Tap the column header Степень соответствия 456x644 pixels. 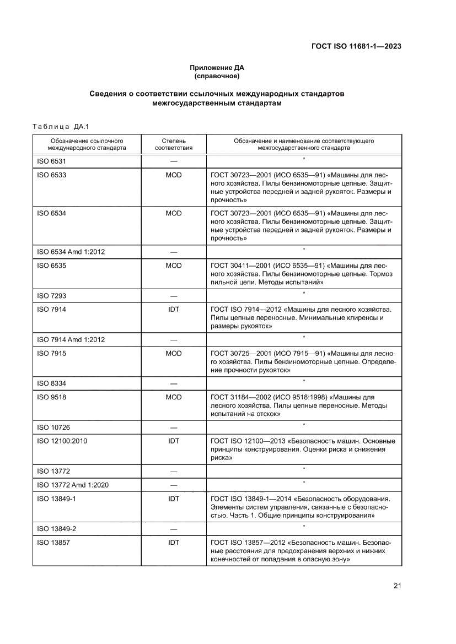click(x=173, y=144)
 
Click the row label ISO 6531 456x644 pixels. click(x=52, y=161)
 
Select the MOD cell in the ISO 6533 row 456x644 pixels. click(x=173, y=175)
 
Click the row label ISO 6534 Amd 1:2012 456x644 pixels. click(x=71, y=252)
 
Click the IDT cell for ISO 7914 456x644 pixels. click(x=173, y=310)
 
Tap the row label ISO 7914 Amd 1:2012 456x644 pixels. click(x=71, y=339)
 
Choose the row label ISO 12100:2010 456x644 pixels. click(x=61, y=441)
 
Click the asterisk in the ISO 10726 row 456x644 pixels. click(x=304, y=424)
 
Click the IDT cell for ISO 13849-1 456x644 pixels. click(x=173, y=499)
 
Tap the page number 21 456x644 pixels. click(x=396, y=585)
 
